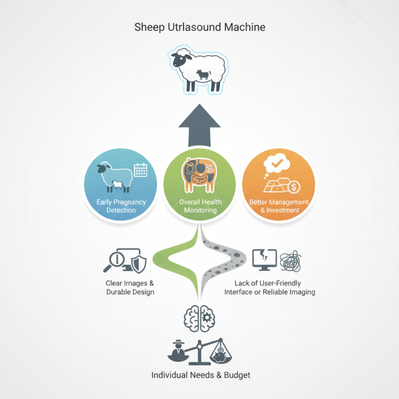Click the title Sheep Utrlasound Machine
coord(200,27)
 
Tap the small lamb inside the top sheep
coord(203,74)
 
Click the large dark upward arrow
coord(199,125)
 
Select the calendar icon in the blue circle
coord(141,170)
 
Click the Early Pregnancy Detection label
coord(121,206)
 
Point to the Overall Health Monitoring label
coord(200,206)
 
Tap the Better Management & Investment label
coord(279,206)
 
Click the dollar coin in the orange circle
coord(294,187)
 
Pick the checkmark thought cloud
coord(277,164)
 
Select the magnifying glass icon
coord(114,261)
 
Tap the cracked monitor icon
coord(264,259)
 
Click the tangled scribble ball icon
coord(291,261)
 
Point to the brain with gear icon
coord(199,318)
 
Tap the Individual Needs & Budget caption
coord(201,375)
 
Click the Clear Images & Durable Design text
coord(130,288)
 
